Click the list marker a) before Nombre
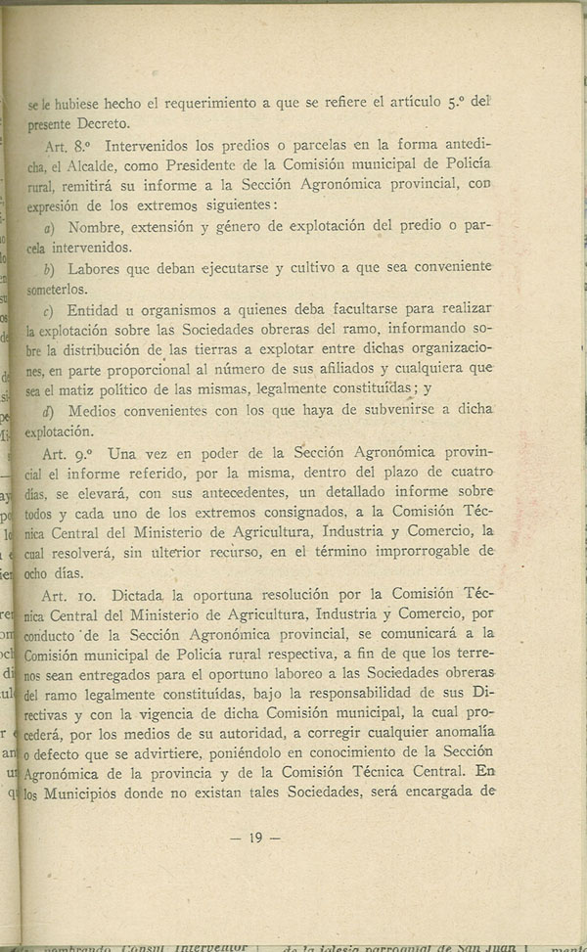[51, 227]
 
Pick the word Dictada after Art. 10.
[145, 596]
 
